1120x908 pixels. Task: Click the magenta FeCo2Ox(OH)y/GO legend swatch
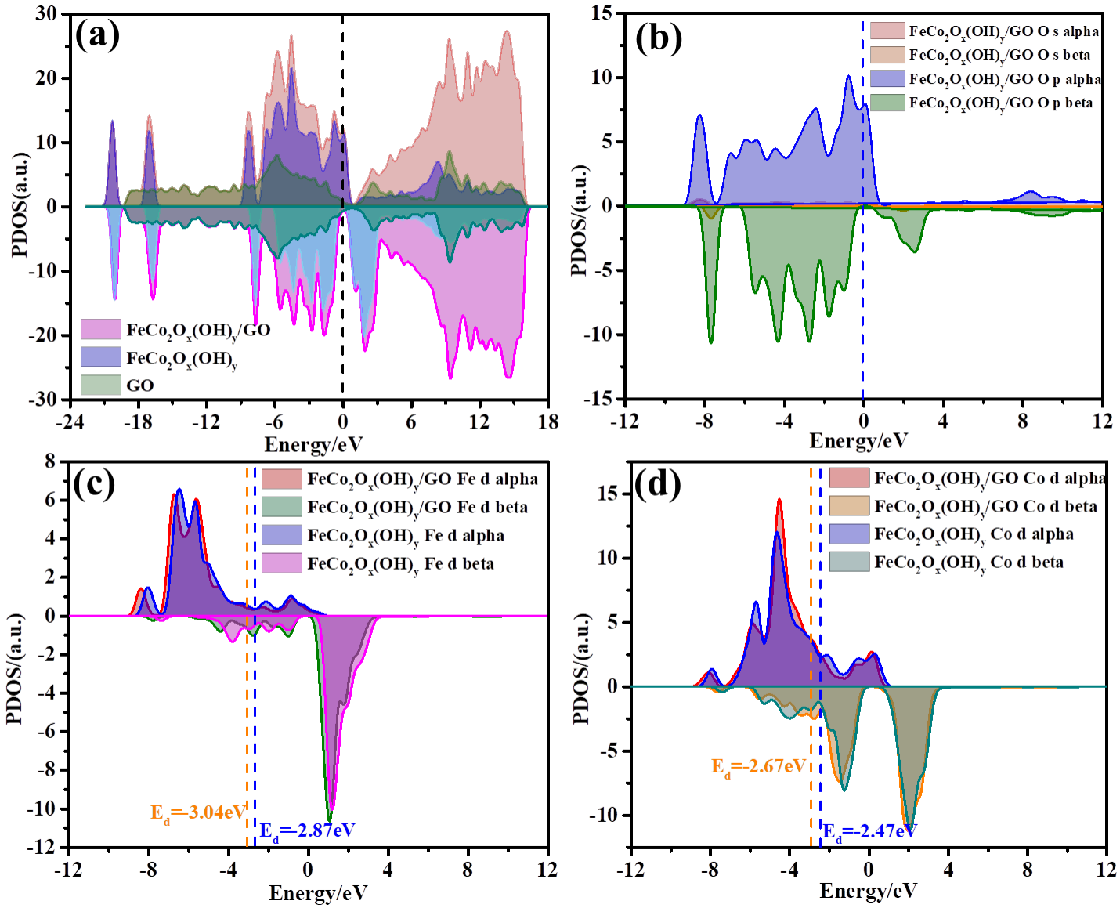[x=100, y=329]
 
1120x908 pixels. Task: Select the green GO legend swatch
[x=100, y=385]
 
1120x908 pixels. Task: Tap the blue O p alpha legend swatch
[x=887, y=79]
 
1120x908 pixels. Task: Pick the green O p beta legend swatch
[x=887, y=103]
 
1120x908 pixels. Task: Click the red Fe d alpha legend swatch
[x=281, y=479]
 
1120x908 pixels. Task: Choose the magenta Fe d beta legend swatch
[x=281, y=563]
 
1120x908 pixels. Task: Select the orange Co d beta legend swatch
[x=849, y=506]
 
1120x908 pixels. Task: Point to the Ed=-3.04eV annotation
[x=198, y=812]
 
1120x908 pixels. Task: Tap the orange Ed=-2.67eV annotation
[x=758, y=766]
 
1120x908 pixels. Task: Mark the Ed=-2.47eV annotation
[x=868, y=830]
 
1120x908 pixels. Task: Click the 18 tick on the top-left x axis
[x=547, y=422]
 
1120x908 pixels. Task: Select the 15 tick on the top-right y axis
[x=602, y=13]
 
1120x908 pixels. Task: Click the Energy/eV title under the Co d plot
[x=868, y=891]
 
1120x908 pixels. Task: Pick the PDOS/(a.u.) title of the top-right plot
[x=579, y=221]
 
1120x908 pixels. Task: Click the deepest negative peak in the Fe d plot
[x=330, y=818]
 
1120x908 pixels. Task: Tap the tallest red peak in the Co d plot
[x=779, y=499]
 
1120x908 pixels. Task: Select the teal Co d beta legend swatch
[x=849, y=562]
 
